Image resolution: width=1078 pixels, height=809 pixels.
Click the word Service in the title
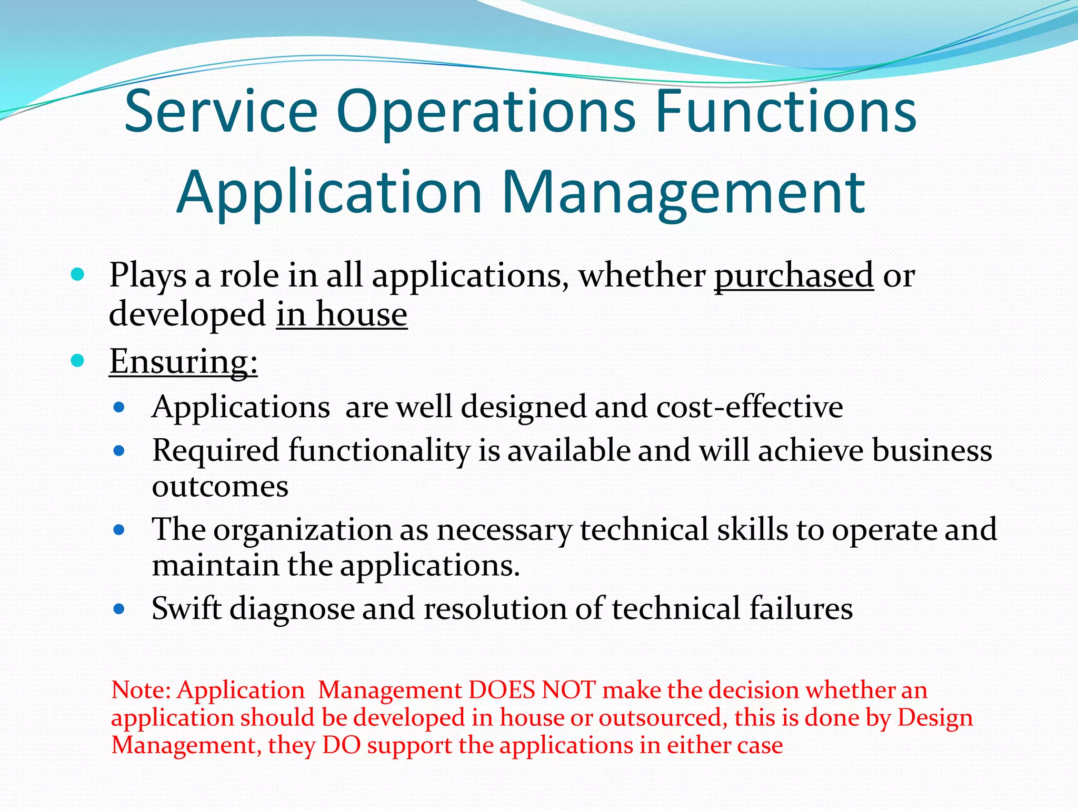tap(221, 112)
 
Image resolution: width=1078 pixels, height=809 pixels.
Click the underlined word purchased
tap(794, 275)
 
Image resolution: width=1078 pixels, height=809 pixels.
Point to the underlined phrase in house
tap(342, 314)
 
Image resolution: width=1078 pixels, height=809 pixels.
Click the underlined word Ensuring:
tap(183, 361)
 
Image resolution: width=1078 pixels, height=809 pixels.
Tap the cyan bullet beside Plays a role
tap(77, 274)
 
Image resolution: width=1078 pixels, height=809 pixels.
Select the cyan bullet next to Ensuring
tap(77, 361)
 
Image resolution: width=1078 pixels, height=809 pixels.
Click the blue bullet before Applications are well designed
tap(119, 407)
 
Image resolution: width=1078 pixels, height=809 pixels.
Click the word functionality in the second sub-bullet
tap(379, 451)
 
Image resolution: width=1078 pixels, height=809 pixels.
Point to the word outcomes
tap(220, 486)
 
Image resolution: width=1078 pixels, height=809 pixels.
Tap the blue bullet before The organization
tap(119, 530)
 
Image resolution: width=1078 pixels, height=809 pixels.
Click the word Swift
tap(186, 608)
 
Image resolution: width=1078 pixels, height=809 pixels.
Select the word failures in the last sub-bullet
tap(801, 608)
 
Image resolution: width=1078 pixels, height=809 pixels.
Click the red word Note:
tap(142, 690)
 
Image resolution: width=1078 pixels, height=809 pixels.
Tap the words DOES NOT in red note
tap(532, 690)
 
